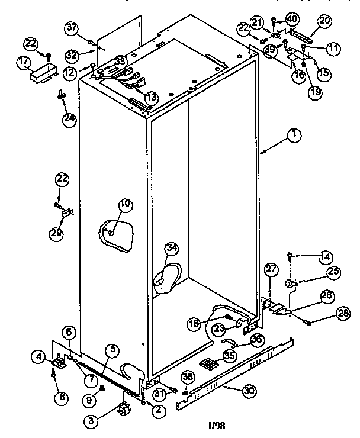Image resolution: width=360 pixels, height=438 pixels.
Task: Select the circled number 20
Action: click(324, 21)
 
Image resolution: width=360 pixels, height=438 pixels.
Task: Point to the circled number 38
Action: click(188, 376)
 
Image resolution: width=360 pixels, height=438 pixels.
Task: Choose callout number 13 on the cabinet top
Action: click(152, 97)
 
